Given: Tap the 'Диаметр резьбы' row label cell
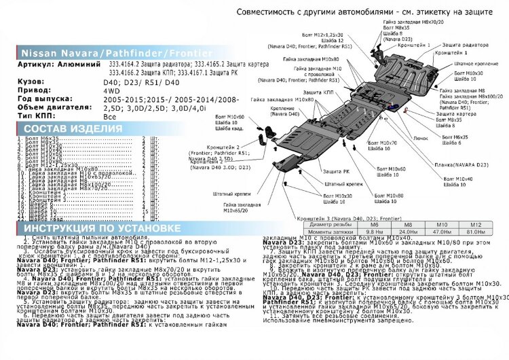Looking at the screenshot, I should coord(331,223).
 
